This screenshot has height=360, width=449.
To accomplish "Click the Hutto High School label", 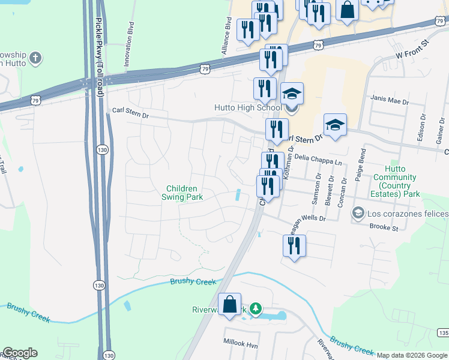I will (x=248, y=108).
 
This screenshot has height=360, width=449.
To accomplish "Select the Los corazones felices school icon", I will (x=358, y=213).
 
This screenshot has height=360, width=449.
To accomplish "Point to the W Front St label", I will (x=414, y=52).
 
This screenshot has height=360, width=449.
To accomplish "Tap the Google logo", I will (x=19, y=353).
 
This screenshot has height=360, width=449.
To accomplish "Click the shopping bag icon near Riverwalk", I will (x=230, y=304).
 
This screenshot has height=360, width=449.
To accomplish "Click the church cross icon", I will (x=36, y=58).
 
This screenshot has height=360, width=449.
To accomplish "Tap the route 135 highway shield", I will (x=443, y=332).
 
